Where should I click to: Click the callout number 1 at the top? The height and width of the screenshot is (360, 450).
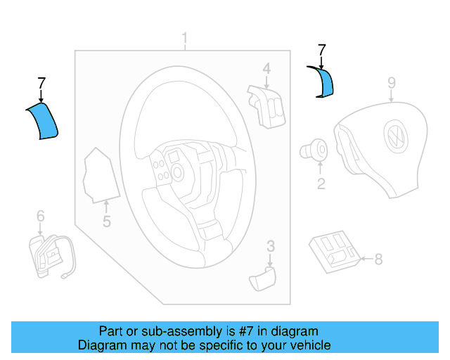(x=185, y=38)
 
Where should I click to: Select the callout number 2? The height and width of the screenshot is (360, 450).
(x=321, y=185)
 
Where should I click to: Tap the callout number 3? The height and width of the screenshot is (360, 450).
(x=270, y=245)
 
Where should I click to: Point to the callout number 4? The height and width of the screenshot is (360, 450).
(x=266, y=68)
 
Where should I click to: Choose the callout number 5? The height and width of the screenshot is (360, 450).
(x=107, y=223)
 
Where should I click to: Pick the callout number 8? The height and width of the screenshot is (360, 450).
(x=378, y=259)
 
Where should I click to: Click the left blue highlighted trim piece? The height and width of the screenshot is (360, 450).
(x=44, y=122)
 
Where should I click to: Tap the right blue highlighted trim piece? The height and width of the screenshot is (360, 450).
(x=325, y=82)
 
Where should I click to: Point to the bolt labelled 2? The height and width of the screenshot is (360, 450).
(x=314, y=149)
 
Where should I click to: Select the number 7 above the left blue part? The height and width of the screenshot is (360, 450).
(x=41, y=85)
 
